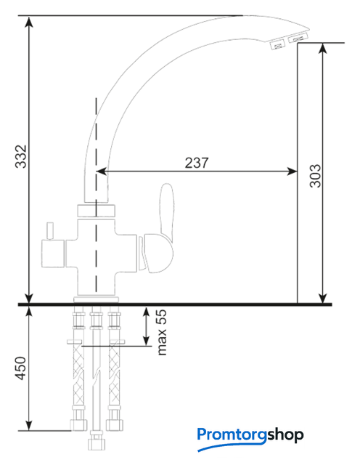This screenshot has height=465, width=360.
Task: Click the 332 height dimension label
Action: click(21, 157)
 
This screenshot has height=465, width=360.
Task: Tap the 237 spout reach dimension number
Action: click(197, 163)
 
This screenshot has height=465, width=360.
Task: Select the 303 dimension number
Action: click(315, 176)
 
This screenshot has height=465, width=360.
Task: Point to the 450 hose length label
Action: click(21, 368)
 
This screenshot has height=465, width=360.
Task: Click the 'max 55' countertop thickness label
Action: click(162, 333)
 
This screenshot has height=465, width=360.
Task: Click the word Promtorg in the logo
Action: click(232, 435)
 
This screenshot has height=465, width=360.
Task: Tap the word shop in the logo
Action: click(285, 435)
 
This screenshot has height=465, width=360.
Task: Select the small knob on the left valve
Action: click(49, 231)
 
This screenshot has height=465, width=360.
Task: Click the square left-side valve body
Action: click(53, 254)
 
